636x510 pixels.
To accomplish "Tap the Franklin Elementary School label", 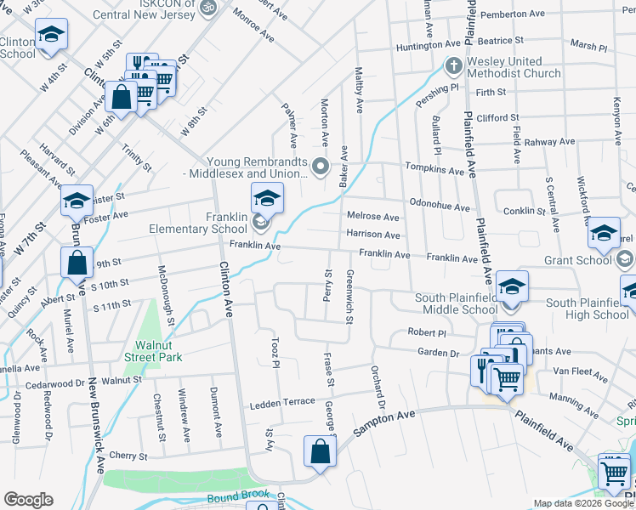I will tap(198, 223).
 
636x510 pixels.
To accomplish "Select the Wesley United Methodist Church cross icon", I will tap(454, 65).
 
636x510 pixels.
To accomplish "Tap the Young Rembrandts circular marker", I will tap(321, 167).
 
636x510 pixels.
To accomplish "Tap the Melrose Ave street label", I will tap(372, 218).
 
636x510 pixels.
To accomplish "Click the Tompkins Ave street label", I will tap(434, 170).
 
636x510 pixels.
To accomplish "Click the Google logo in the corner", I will tap(28, 500).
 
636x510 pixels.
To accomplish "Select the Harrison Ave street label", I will tap(372, 235).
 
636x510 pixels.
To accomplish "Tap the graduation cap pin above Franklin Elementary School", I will tap(267, 198).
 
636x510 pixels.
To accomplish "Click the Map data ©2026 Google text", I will tap(582, 503).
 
